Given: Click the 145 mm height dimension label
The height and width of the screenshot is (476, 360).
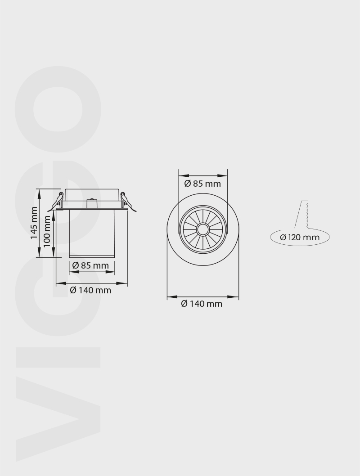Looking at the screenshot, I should point(34,223).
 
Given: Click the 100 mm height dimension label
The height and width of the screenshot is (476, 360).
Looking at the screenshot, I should point(47,230).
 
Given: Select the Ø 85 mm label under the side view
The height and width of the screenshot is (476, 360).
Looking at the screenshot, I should point(90,265).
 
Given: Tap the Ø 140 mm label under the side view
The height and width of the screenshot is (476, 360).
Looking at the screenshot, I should point(90,290).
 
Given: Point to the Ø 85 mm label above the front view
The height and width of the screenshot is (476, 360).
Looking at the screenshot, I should point(202,183).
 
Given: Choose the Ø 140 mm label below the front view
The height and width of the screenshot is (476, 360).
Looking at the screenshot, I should point(202,304).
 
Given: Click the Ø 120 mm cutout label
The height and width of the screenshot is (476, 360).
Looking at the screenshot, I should point(300,237).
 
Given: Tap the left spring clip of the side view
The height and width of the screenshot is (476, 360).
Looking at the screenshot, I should point(58,200).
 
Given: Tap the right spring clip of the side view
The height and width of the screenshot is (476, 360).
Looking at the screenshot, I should point(125,200).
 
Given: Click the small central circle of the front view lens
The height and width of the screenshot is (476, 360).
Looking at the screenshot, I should point(202,229).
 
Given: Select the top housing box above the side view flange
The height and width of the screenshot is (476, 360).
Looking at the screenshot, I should point(92,194).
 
